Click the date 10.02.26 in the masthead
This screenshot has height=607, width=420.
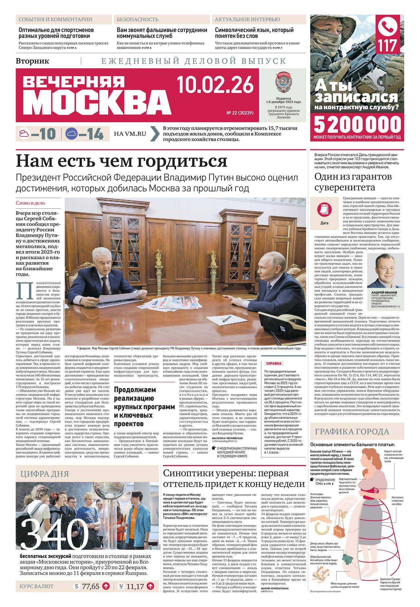tap(215, 84)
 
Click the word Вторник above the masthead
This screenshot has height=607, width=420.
tap(32, 61)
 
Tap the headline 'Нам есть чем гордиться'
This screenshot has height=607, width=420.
tap(121, 161)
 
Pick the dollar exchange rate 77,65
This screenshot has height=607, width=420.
tap(91, 595)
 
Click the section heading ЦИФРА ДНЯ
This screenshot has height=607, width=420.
tap(44, 473)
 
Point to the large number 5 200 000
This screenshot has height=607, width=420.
tap(358, 124)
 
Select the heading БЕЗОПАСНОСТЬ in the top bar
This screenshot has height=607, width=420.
tap(137, 20)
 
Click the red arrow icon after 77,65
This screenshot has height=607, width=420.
tap(106, 595)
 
